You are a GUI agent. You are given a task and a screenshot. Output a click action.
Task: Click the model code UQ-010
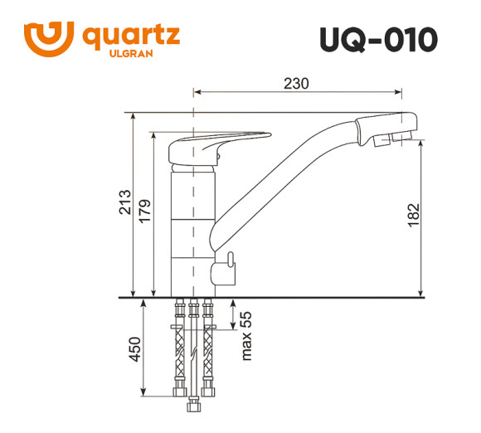click(377, 39)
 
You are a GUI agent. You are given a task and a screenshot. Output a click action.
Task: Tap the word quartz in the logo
click(132, 36)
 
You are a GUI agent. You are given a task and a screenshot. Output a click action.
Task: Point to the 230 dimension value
click(296, 84)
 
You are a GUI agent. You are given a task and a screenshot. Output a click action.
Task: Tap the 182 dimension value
click(415, 214)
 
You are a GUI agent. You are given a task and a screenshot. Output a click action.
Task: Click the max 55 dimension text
click(246, 336)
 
